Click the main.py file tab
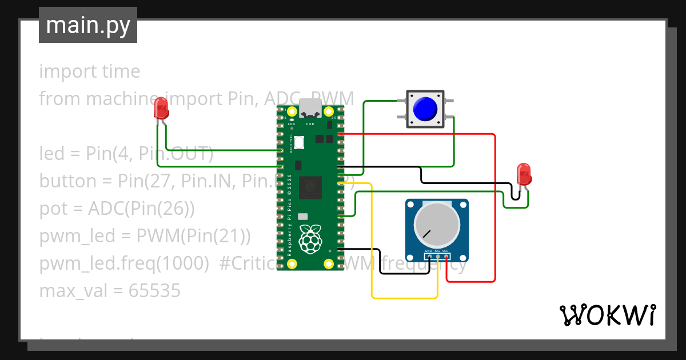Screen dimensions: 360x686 point(87,25)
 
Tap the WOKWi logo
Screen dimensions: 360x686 point(607,315)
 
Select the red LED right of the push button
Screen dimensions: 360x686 point(523,174)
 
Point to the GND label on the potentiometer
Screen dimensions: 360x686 point(428,251)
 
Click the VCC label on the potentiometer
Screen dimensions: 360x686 point(445,251)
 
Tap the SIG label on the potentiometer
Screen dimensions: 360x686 point(437,251)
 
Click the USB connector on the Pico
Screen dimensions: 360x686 point(310,107)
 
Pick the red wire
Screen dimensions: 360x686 point(494,206)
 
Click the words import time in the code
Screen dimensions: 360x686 point(89,71)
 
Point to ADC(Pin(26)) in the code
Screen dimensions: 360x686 point(141,209)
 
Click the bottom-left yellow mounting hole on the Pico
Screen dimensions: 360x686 point(292,263)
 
